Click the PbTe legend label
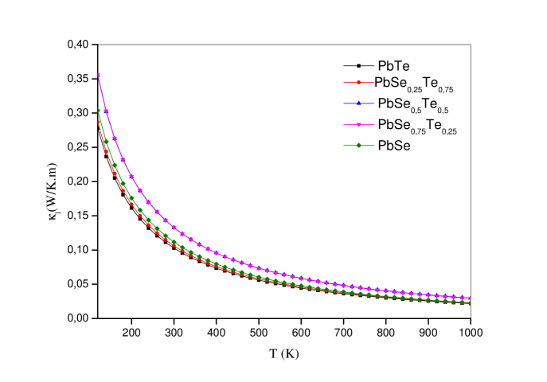(393, 66)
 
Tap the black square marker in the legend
(359, 65)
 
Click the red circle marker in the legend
(359, 82)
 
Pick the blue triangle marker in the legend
(359, 103)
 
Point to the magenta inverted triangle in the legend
(359, 125)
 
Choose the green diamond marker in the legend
(359, 145)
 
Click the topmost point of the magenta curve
(98, 74)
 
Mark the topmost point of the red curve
(99, 123)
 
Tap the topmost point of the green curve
(99, 111)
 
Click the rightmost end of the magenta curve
(471, 298)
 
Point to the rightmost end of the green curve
(471, 302)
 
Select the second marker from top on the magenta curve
(107, 111)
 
